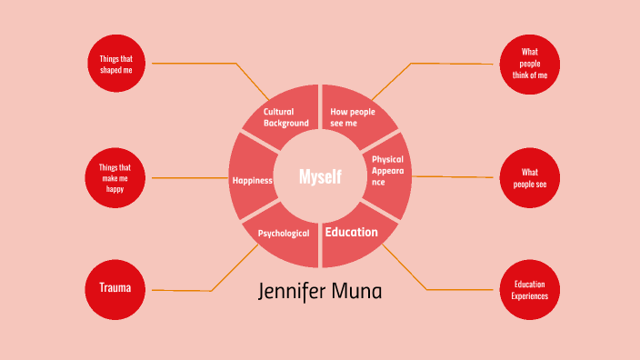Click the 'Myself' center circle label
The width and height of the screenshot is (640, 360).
point(320,176)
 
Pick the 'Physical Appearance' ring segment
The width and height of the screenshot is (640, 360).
point(390,170)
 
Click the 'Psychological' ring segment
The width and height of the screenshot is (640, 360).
point(283,234)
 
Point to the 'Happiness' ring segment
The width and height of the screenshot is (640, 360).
point(251,180)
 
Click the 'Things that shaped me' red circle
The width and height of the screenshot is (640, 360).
point(116,65)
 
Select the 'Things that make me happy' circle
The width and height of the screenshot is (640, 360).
point(116,177)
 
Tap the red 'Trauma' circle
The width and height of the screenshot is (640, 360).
point(115,288)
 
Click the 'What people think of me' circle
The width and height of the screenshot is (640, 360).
point(529,65)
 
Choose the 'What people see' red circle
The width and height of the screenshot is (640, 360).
point(529,177)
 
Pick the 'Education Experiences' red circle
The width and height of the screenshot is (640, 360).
point(529,290)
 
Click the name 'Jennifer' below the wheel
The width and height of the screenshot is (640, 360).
point(290,293)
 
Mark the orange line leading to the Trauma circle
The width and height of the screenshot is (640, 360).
point(182,290)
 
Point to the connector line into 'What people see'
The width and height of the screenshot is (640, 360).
point(455,176)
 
